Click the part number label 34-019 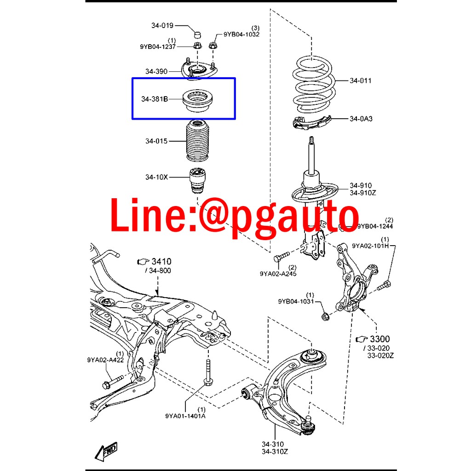point(162,26)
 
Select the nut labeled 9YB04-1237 point(197,46)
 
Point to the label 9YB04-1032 point(241,34)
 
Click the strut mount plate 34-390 point(199,70)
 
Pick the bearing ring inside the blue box point(198,101)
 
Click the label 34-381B point(155,99)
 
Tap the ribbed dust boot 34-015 point(197,141)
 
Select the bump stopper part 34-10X point(197,181)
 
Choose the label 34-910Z point(362,193)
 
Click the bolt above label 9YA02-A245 point(281,257)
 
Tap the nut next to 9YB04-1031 point(325,316)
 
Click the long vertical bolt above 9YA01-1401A point(207,372)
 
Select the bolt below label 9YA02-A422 point(114,381)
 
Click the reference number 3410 point(161,261)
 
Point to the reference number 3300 point(379,339)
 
